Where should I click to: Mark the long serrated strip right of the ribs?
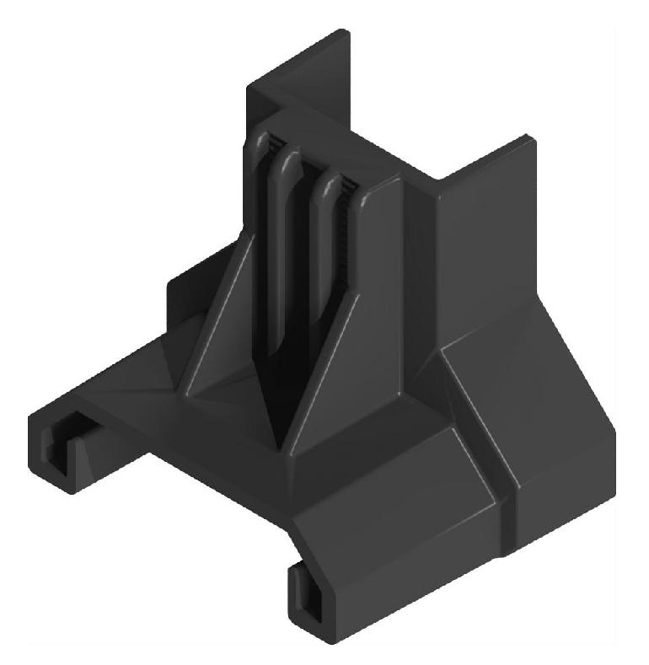[x=347, y=253]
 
